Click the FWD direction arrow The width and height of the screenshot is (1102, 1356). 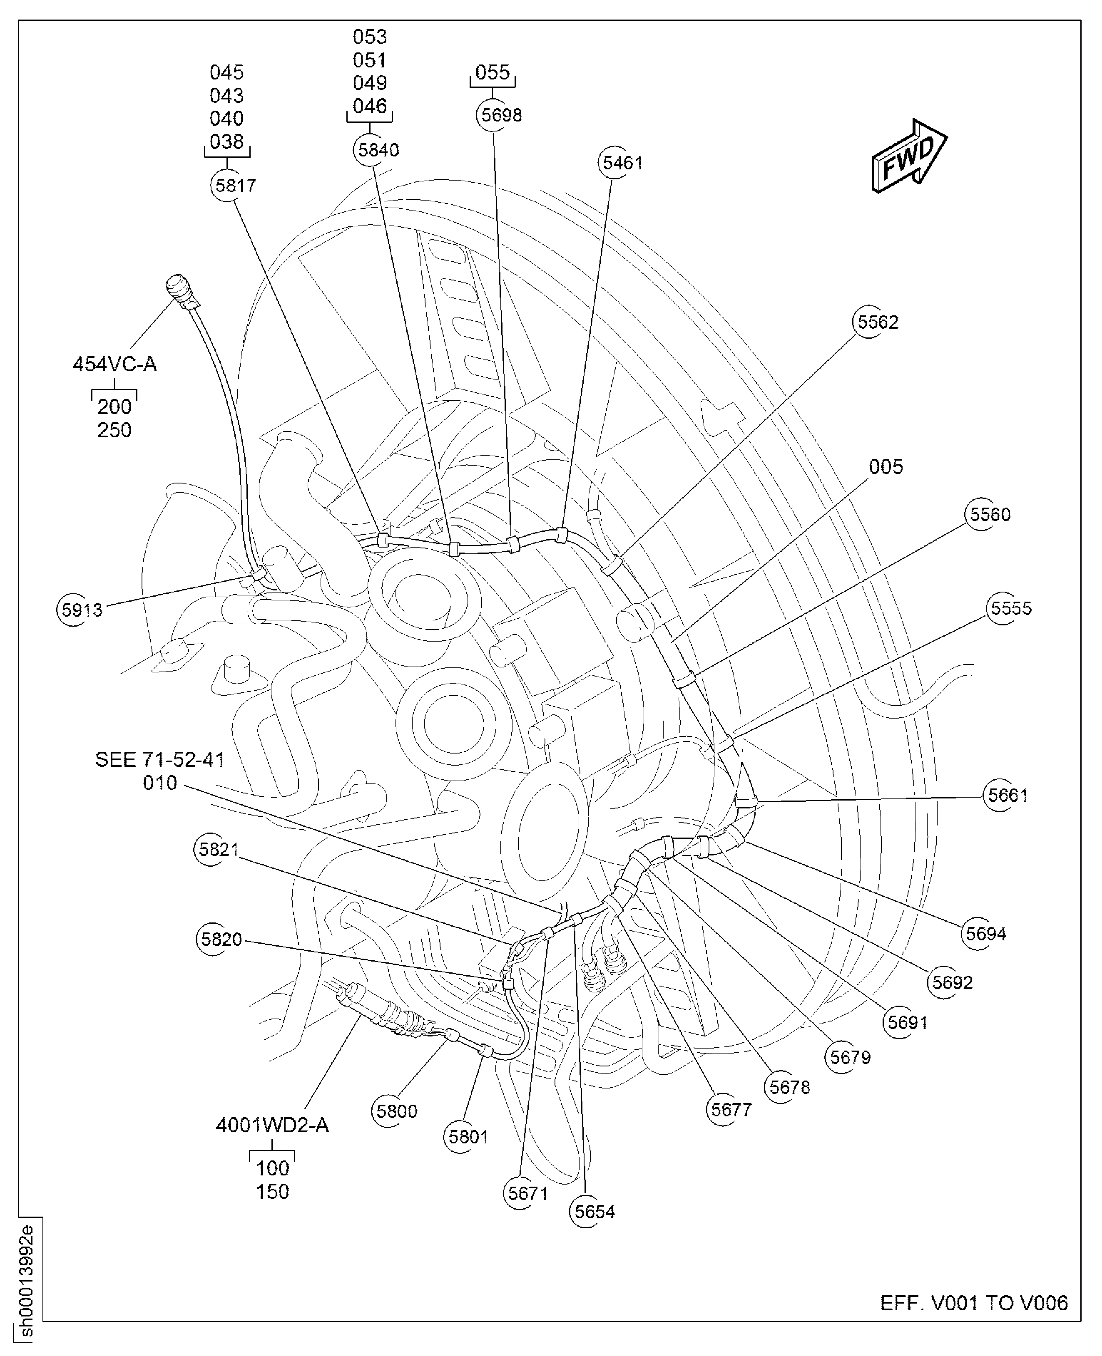909,156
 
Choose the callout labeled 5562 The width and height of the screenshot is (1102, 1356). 877,322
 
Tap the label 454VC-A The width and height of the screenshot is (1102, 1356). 114,364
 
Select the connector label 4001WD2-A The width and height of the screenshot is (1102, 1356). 272,1125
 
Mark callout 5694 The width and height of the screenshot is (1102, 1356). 985,933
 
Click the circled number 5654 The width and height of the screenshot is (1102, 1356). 594,1211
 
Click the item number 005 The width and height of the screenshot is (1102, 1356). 886,467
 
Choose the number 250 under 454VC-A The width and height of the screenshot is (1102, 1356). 114,430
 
